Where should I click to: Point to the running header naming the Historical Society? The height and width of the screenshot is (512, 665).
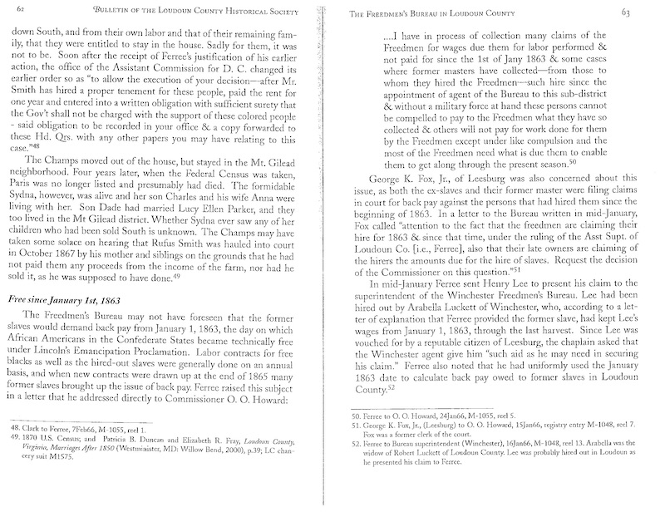pos(192,10)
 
